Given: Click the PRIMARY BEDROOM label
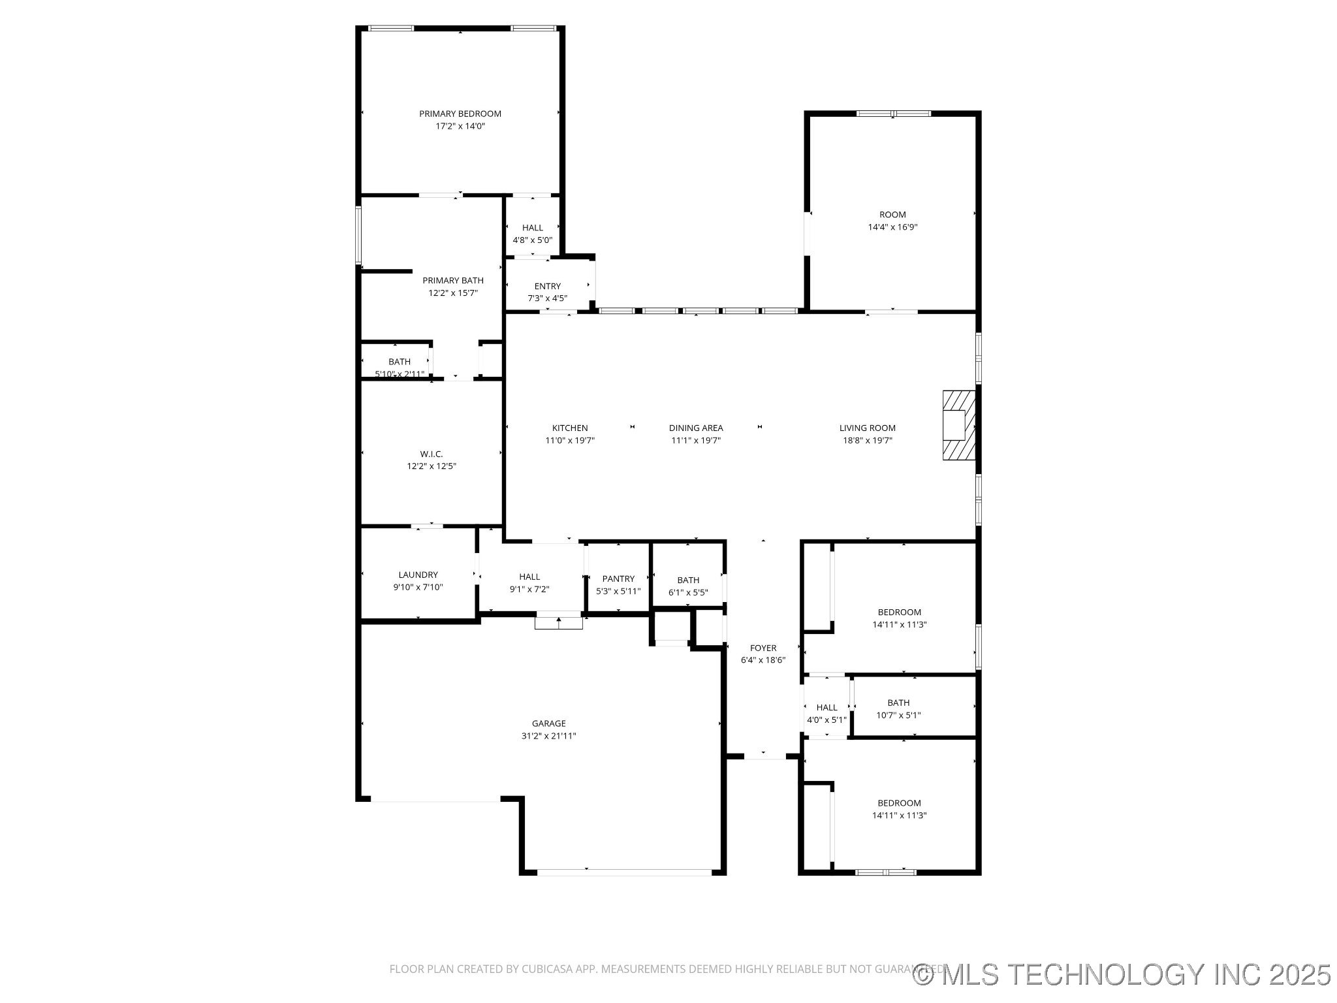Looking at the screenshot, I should pyautogui.click(x=460, y=114).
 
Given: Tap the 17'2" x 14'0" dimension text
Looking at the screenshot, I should pyautogui.click(x=460, y=126).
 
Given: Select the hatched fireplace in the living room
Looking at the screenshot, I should pyautogui.click(x=958, y=425).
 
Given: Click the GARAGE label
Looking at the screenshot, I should pyautogui.click(x=548, y=724).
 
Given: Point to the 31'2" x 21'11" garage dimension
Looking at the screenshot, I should pyautogui.click(x=548, y=736).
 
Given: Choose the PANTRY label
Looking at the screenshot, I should pyautogui.click(x=618, y=579).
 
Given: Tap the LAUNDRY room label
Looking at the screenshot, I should pyautogui.click(x=418, y=575).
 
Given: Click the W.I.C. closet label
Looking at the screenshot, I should pyautogui.click(x=431, y=454).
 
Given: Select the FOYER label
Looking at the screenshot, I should pyautogui.click(x=763, y=648).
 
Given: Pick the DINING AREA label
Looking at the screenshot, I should pyautogui.click(x=695, y=428).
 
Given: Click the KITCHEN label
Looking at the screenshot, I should pyautogui.click(x=570, y=428).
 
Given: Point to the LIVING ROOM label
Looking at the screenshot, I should pyautogui.click(x=867, y=428).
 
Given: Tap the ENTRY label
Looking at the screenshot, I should pyautogui.click(x=547, y=286).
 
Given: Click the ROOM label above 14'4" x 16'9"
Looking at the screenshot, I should pyautogui.click(x=892, y=215).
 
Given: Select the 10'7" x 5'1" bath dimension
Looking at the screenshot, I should pyautogui.click(x=898, y=715).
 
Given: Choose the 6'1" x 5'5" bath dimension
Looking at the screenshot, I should pyautogui.click(x=688, y=592).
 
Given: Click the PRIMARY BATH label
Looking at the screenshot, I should pyautogui.click(x=452, y=281).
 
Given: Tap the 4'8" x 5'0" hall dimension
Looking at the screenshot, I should pyautogui.click(x=532, y=240).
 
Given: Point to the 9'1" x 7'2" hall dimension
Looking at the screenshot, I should pyautogui.click(x=529, y=589).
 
